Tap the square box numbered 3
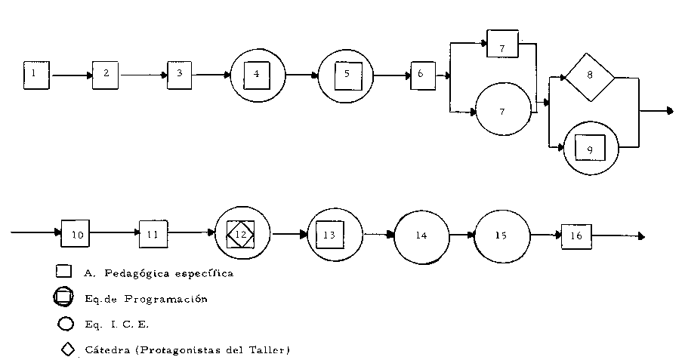coord(180,74)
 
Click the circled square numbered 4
coord(257,74)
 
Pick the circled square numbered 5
coord(346,74)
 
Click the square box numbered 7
coord(502,45)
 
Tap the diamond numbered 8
coord(589,75)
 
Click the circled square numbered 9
coord(591,149)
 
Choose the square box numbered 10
coord(76,235)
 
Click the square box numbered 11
coord(153,235)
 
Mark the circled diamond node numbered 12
coord(242,235)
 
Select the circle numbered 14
coord(421,235)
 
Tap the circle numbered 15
coord(501,235)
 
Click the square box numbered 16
coord(576,235)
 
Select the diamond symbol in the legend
coord(66,349)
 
